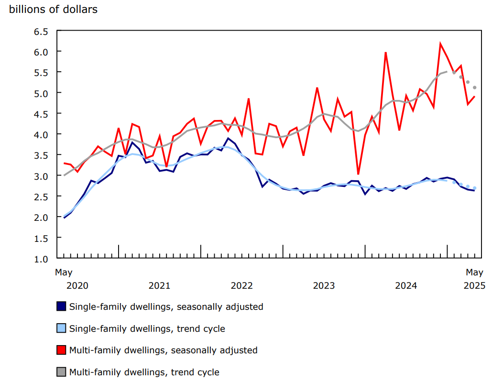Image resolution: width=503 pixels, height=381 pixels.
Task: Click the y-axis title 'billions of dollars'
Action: click(x=53, y=10)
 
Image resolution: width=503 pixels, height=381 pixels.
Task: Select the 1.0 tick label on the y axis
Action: click(x=41, y=259)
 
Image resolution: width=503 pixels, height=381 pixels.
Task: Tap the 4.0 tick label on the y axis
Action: click(x=41, y=134)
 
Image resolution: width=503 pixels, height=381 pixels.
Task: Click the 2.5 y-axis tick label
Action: click(x=41, y=196)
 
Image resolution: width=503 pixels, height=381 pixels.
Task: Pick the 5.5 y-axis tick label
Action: click(x=41, y=72)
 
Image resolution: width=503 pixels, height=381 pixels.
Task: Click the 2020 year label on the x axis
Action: click(x=77, y=286)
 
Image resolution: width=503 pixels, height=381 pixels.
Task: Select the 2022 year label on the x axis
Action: click(x=241, y=286)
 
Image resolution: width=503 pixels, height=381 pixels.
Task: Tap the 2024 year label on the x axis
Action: click(x=406, y=286)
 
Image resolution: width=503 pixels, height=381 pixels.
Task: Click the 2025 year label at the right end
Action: click(x=474, y=286)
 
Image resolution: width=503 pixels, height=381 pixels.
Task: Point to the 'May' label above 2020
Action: click(x=64, y=272)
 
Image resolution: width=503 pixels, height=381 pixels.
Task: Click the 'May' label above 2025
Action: click(x=474, y=272)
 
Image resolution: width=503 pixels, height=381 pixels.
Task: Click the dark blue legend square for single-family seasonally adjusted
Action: click(x=61, y=306)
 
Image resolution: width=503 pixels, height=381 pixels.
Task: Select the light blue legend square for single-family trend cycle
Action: click(x=61, y=328)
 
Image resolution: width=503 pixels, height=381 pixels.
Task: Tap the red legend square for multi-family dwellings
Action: click(x=61, y=350)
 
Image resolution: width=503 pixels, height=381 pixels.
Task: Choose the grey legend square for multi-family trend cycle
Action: click(x=61, y=372)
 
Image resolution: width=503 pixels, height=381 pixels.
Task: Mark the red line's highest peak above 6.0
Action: click(x=440, y=44)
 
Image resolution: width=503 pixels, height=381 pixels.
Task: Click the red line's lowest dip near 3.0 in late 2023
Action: click(x=358, y=174)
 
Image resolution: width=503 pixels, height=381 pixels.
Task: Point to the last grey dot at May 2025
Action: click(x=474, y=87)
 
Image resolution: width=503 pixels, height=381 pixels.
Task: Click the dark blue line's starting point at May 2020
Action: click(x=64, y=218)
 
